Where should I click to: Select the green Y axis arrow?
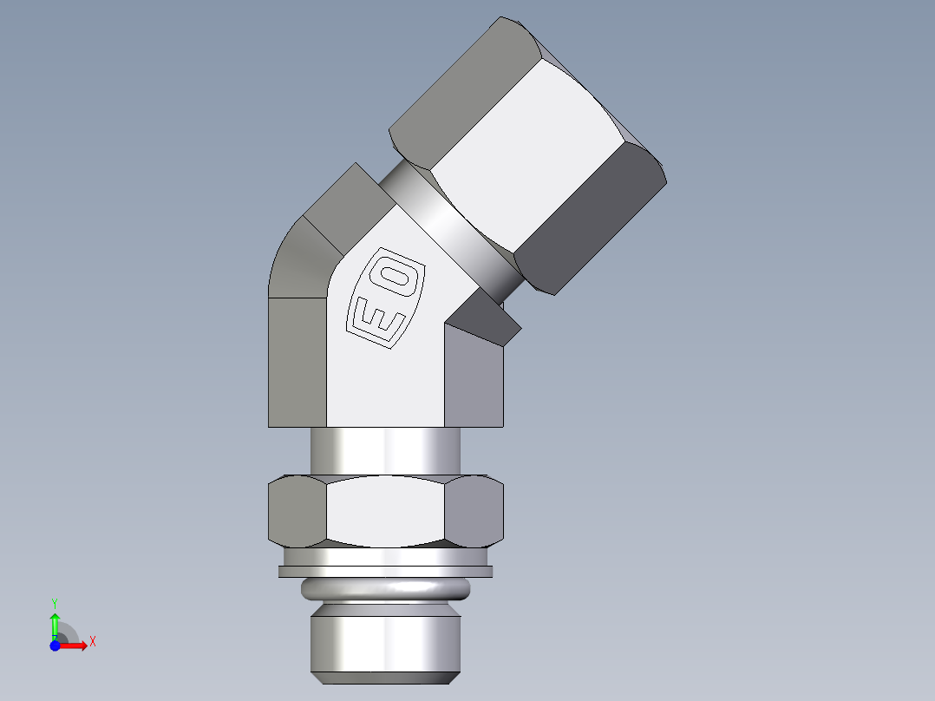tap(55, 624)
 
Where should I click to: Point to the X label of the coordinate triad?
tap(92, 642)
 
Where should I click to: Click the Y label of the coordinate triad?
tap(54, 601)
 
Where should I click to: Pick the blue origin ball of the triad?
tap(54, 645)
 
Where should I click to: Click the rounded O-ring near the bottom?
tap(385, 590)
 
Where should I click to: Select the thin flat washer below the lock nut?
tap(385, 571)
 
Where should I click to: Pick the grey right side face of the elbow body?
tap(474, 382)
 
